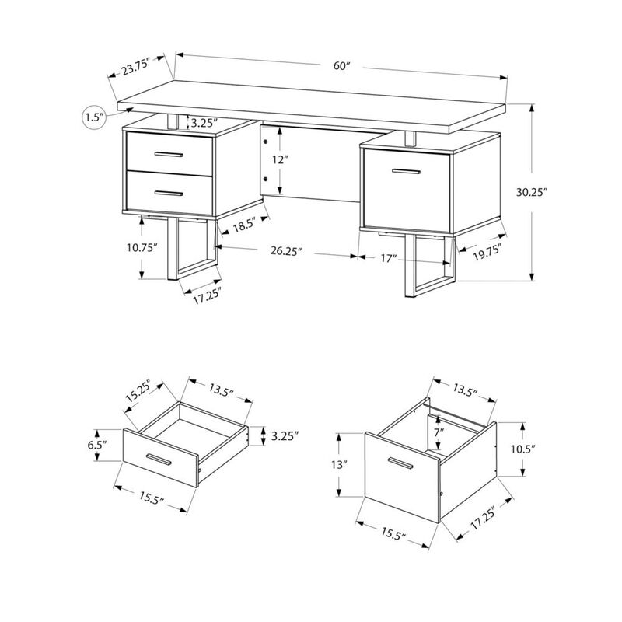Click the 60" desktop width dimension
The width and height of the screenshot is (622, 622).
click(342, 66)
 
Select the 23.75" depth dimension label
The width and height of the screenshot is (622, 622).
click(139, 68)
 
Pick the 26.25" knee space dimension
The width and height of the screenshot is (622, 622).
click(286, 251)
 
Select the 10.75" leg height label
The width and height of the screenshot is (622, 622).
click(145, 249)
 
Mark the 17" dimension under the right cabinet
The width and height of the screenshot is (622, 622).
click(389, 257)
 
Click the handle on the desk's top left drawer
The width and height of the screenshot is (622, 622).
click(169, 155)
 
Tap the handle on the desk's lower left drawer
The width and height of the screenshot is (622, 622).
click(169, 192)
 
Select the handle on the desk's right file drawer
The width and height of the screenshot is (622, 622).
click(406, 169)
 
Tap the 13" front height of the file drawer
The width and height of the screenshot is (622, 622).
click(338, 466)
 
